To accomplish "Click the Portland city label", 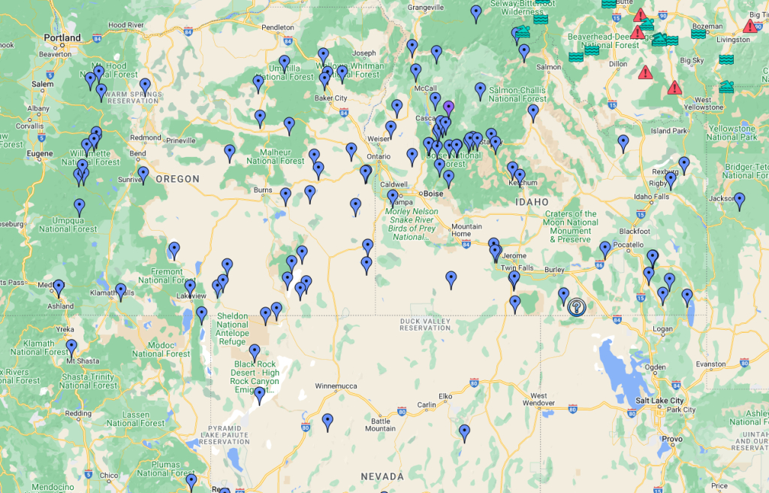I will pyautogui.click(x=62, y=38).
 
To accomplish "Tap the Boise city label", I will pyautogui.click(x=433, y=193).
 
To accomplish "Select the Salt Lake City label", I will pyautogui.click(x=659, y=401).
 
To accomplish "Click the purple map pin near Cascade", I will pyautogui.click(x=448, y=107).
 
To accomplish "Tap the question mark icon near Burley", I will pyautogui.click(x=576, y=307).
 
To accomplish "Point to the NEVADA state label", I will pyautogui.click(x=382, y=476).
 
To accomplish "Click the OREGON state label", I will pyautogui.click(x=178, y=179).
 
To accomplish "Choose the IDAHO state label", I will pyautogui.click(x=533, y=202).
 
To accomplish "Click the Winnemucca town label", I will pyautogui.click(x=340, y=388).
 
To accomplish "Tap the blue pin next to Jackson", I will pyautogui.click(x=740, y=200).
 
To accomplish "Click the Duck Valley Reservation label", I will pyautogui.click(x=425, y=323).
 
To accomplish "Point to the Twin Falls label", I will pyautogui.click(x=517, y=268).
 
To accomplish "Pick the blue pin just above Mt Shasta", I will pyautogui.click(x=71, y=346).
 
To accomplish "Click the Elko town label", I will pyautogui.click(x=445, y=395).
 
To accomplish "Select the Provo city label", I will pyautogui.click(x=672, y=439).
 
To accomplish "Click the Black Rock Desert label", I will pyautogui.click(x=255, y=373).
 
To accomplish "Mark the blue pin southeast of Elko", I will pyautogui.click(x=465, y=431).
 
